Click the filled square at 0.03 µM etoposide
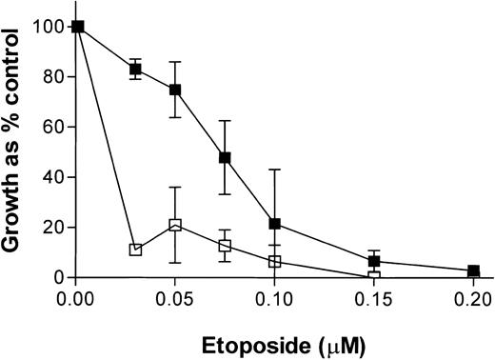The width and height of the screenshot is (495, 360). point(136,70)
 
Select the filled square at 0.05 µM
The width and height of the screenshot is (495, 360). point(175,90)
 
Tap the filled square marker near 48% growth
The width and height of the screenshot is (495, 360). point(225,157)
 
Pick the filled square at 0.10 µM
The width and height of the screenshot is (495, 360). point(274,224)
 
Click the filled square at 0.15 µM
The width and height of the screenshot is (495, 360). point(374,261)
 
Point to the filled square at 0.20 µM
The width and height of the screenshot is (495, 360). point(473,271)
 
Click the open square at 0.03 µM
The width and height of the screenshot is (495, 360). point(136,250)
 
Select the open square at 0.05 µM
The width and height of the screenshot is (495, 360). point(175,225)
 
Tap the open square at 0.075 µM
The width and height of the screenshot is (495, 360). point(225,246)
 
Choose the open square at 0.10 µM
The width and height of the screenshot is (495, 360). point(274,261)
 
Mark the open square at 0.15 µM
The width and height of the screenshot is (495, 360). point(374,277)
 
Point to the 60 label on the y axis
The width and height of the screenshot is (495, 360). point(55,127)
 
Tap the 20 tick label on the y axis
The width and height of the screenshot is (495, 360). point(55,228)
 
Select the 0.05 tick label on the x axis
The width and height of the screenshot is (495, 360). point(175,297)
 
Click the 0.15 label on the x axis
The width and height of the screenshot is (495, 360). point(374,297)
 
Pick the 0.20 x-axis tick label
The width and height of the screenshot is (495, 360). point(473,297)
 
